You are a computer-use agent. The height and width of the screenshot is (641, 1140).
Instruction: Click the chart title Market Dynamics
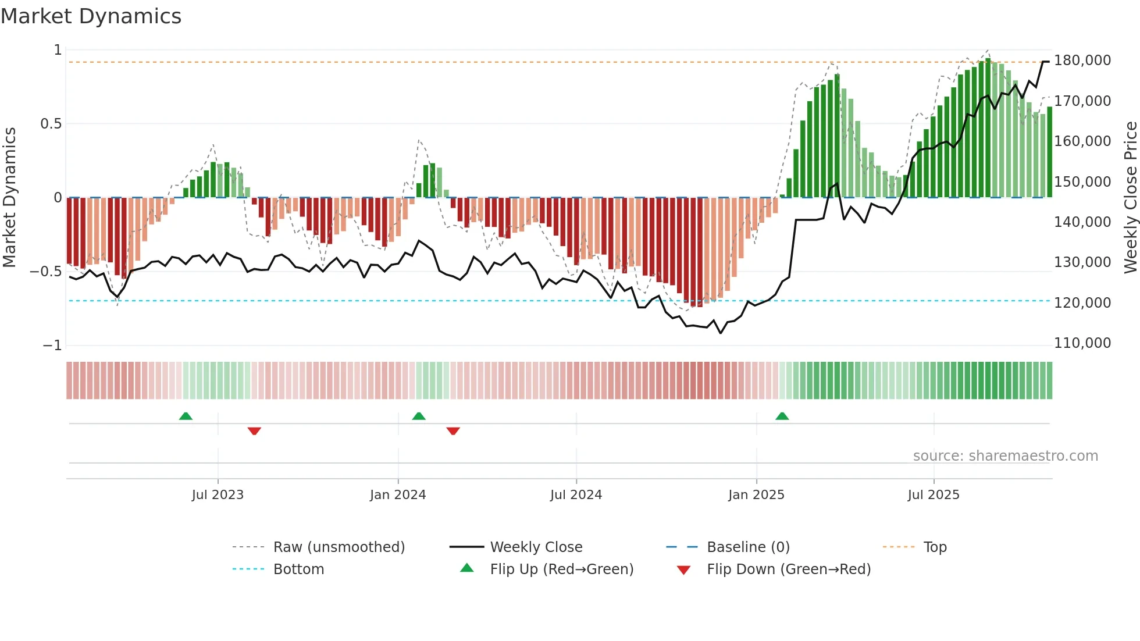91,16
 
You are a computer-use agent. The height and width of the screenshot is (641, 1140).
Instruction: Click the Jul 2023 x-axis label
218,495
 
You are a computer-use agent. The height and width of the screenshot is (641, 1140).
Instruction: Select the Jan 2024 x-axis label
398,495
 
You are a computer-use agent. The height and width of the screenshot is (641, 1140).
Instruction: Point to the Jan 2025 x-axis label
756,495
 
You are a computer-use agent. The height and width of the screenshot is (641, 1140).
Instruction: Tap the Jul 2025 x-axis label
934,495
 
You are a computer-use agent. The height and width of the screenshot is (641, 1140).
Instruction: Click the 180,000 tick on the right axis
1082,60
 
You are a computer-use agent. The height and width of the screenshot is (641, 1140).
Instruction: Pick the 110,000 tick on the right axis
1082,343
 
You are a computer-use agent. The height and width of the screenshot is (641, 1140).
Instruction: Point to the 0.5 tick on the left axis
51,124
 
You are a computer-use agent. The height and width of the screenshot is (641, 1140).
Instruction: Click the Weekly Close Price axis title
1130,197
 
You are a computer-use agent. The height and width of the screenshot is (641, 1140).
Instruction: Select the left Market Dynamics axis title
9,197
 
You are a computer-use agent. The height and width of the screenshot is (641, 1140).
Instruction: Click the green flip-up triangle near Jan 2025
782,416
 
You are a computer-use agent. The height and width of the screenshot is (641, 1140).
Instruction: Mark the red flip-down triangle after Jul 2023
254,431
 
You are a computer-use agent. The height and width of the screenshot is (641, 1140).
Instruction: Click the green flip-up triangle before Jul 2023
186,416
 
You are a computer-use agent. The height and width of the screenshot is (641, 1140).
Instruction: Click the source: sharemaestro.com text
1005,456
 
